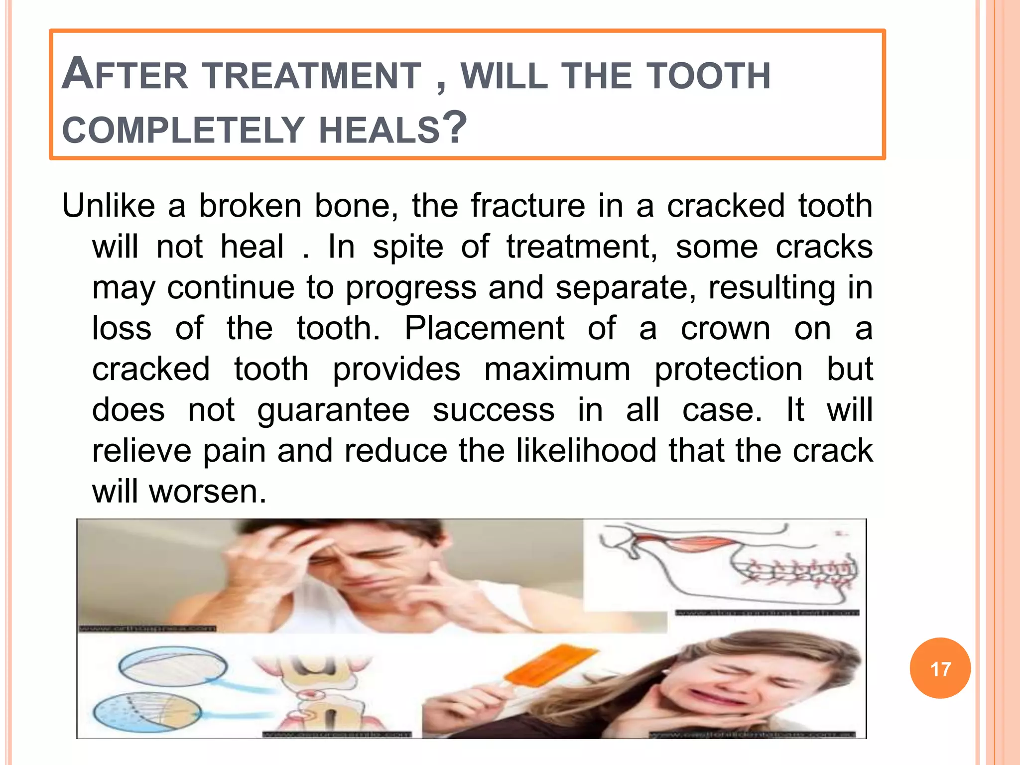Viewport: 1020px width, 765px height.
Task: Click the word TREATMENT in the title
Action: point(313,76)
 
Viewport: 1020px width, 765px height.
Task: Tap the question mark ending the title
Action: point(454,127)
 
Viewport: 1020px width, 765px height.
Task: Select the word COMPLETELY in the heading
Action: point(183,130)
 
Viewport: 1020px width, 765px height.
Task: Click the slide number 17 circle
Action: point(940,668)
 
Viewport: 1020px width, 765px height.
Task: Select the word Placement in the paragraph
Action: point(484,328)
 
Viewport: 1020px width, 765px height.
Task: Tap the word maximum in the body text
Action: point(557,369)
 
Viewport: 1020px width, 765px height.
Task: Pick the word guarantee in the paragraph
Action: point(333,410)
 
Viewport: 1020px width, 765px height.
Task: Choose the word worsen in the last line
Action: point(208,492)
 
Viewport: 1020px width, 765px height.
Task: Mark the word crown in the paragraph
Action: point(725,328)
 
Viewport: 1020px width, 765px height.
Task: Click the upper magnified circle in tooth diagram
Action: point(172,667)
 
